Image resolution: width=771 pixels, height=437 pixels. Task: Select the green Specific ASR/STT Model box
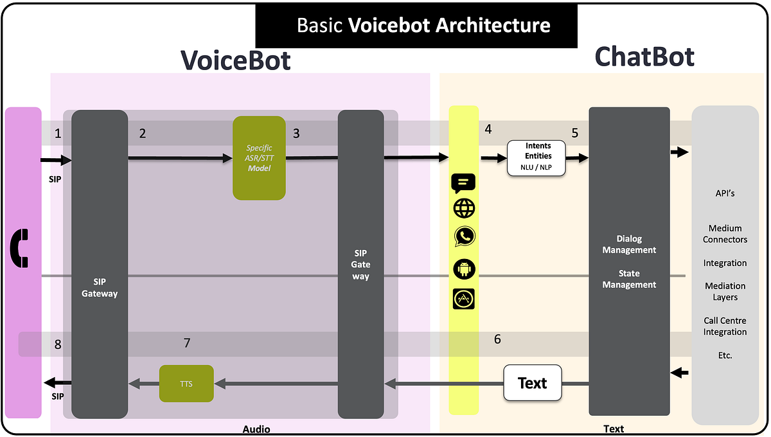click(x=259, y=158)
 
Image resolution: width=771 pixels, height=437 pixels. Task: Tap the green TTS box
click(x=186, y=384)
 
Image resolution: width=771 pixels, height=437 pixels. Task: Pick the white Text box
click(x=532, y=383)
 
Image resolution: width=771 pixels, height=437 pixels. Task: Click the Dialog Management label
click(x=629, y=244)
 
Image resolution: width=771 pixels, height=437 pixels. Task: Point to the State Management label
click(x=629, y=279)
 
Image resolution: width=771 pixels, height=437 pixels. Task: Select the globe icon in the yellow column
click(x=464, y=209)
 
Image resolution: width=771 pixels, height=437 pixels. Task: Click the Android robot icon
click(x=464, y=269)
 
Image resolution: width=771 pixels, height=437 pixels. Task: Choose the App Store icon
click(x=464, y=299)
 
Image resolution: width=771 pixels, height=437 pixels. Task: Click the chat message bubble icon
click(x=464, y=183)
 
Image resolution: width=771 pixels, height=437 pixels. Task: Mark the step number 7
click(x=187, y=343)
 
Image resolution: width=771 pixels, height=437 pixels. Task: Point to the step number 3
click(x=296, y=134)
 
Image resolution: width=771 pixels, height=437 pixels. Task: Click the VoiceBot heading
click(x=235, y=60)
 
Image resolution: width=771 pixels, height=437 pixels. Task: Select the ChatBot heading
click(x=644, y=57)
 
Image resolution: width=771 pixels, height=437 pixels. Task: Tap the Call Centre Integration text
click(x=725, y=326)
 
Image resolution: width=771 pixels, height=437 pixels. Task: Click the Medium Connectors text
click(x=725, y=234)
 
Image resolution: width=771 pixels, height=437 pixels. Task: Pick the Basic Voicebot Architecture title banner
click(x=416, y=26)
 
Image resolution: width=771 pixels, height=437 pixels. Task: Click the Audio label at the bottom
click(x=256, y=429)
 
